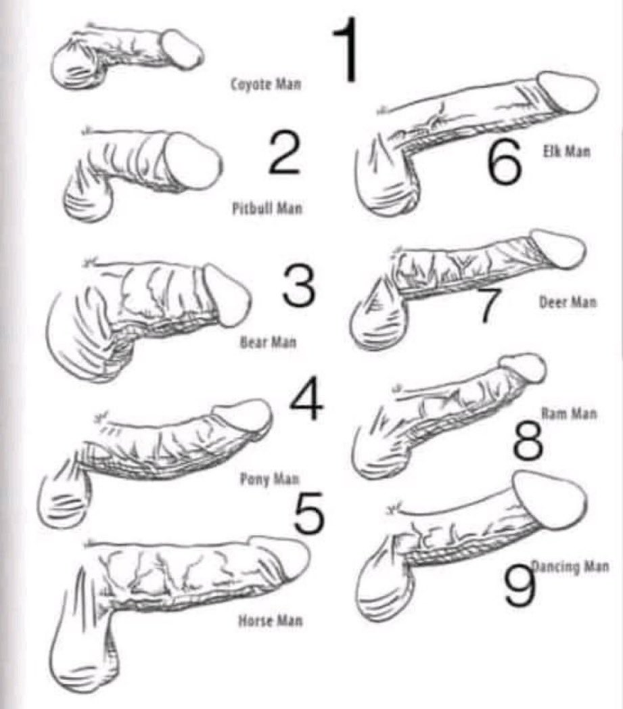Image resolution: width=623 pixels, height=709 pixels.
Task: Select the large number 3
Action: coord(298,285)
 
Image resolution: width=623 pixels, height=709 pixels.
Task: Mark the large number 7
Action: coord(486,304)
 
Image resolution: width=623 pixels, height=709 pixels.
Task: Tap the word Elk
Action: coord(550,151)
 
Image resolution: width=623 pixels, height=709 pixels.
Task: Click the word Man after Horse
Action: coord(289,621)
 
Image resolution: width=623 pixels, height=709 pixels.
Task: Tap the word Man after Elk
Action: coord(576,151)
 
